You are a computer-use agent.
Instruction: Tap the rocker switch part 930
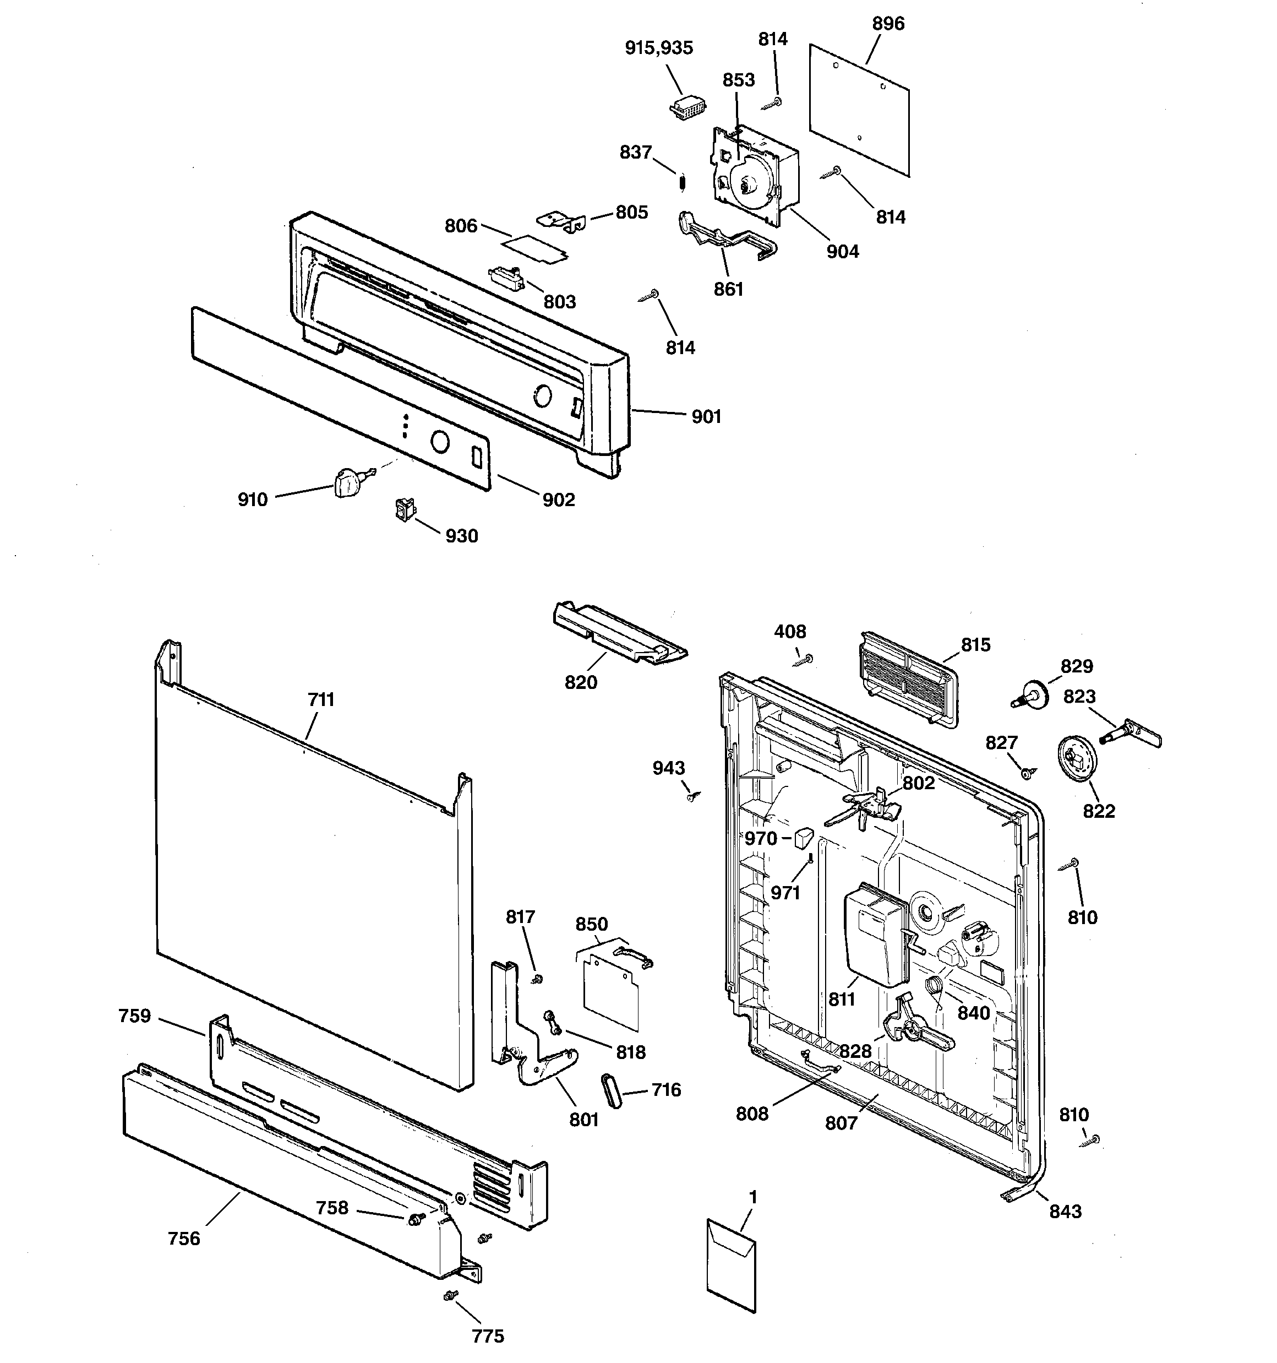click(405, 509)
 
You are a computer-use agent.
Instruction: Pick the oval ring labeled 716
click(612, 1090)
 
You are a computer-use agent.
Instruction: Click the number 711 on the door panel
click(321, 699)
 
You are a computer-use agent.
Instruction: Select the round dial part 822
click(1078, 758)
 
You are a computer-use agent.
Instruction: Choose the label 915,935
click(659, 48)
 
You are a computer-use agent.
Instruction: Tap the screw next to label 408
click(804, 660)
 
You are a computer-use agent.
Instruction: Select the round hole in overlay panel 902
click(439, 442)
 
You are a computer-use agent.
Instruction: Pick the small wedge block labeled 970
click(803, 837)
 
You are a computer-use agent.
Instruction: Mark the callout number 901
click(706, 416)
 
